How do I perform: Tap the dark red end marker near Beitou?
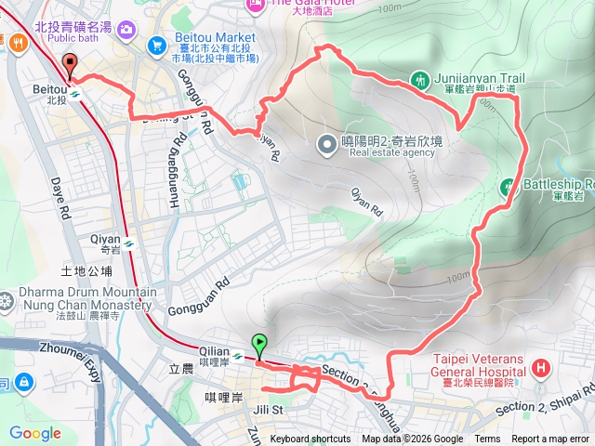click(70, 64)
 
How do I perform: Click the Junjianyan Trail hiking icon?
click(420, 81)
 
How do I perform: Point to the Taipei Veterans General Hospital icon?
click(541, 371)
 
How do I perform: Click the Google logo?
click(34, 434)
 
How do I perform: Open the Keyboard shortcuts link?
click(311, 439)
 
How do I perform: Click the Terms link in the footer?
click(487, 439)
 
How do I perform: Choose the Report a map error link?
click(549, 439)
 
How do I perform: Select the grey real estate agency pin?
click(326, 144)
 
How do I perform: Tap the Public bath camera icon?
click(126, 31)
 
